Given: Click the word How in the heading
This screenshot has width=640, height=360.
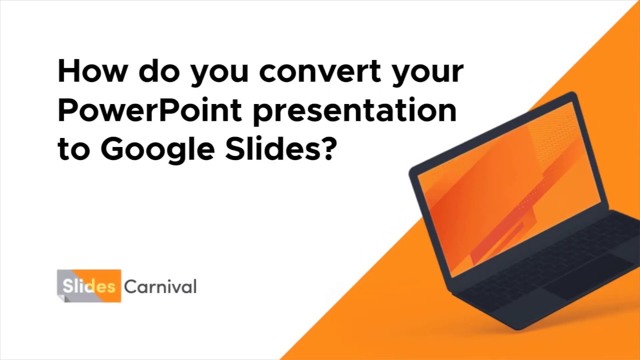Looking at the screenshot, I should [x=92, y=71].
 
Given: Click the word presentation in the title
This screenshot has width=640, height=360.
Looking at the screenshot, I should [x=354, y=111].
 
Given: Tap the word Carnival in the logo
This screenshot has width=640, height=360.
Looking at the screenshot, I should [x=160, y=287].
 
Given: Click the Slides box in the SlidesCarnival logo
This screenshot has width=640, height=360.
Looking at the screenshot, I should [x=89, y=286].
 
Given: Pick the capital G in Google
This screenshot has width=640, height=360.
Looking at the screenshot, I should [x=112, y=148].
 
